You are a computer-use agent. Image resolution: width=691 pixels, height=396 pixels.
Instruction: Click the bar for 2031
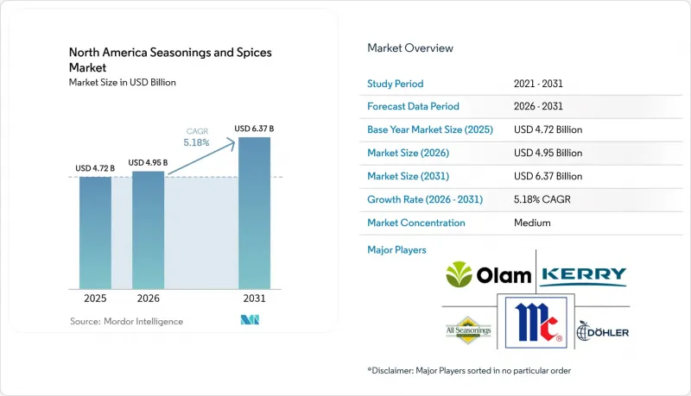(x=254, y=213)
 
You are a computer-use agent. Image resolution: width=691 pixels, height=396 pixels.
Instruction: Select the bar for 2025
(x=95, y=233)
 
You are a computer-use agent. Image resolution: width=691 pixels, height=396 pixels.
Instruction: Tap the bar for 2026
(x=148, y=230)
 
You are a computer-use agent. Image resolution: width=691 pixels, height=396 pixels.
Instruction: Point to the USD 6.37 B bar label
(x=254, y=129)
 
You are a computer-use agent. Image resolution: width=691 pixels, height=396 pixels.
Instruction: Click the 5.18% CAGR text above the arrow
(x=197, y=137)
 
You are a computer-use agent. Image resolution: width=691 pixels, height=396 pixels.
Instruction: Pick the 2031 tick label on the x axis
(x=254, y=299)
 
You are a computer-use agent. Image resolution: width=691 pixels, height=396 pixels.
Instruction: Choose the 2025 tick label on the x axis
(x=95, y=299)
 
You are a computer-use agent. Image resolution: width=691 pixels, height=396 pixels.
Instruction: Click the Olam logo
(x=488, y=274)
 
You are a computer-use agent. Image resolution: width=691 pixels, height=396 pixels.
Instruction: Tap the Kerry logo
(x=584, y=276)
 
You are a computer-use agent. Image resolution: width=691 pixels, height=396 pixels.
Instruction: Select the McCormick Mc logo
(x=536, y=323)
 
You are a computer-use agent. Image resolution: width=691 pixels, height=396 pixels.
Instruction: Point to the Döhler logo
(x=602, y=331)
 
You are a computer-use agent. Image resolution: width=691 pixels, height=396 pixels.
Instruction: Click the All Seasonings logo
(x=468, y=330)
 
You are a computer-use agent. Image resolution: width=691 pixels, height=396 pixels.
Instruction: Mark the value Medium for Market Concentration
(x=532, y=223)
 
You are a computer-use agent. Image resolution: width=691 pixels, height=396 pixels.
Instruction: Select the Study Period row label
(x=395, y=84)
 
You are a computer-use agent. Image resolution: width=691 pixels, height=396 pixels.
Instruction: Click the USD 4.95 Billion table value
(x=548, y=153)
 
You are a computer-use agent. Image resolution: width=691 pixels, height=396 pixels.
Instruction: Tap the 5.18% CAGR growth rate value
(x=542, y=199)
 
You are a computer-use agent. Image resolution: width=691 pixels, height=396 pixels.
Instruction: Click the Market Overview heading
(x=409, y=48)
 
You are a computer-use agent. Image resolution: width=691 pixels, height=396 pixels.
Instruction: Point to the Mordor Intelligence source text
(x=126, y=321)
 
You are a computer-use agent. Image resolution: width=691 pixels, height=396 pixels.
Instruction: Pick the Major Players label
(x=396, y=250)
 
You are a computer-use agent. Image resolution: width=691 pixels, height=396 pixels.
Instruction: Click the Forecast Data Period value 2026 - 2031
(x=538, y=106)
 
